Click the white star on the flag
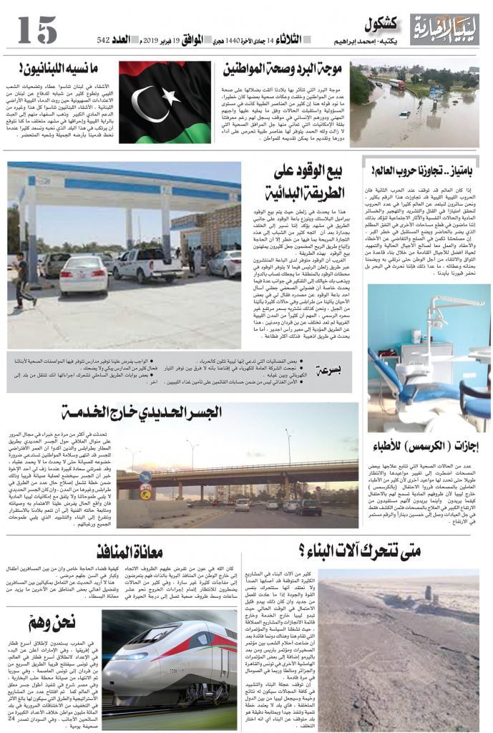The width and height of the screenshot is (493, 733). click(x=170, y=96)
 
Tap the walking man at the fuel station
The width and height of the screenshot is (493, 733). click(x=24, y=280)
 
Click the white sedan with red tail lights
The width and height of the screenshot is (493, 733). click(x=83, y=276)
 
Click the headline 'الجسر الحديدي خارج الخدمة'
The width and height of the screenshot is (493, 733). click(x=169, y=412)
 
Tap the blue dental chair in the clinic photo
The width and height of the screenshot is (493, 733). click(x=401, y=383)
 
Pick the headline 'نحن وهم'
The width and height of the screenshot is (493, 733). click(x=53, y=622)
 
